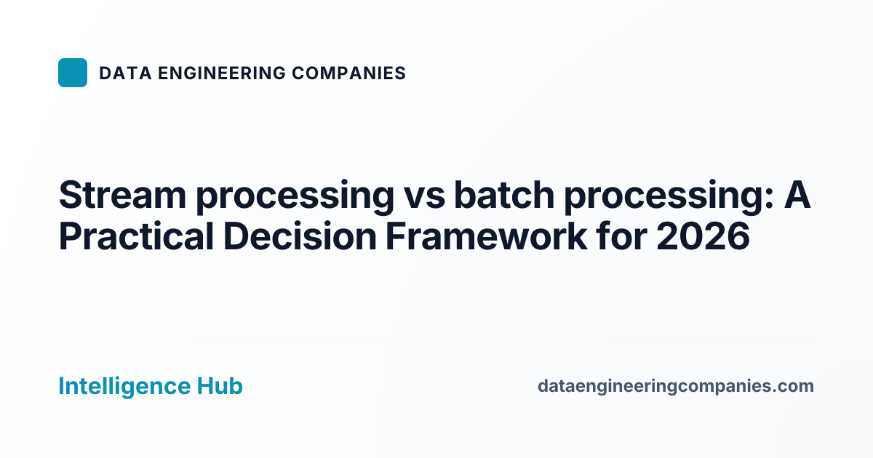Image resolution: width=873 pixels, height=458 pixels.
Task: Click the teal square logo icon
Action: pyautogui.click(x=73, y=73)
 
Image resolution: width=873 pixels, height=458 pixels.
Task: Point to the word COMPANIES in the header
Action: pyautogui.click(x=348, y=73)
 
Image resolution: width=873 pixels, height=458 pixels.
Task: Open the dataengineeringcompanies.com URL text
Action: pyautogui.click(x=675, y=387)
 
